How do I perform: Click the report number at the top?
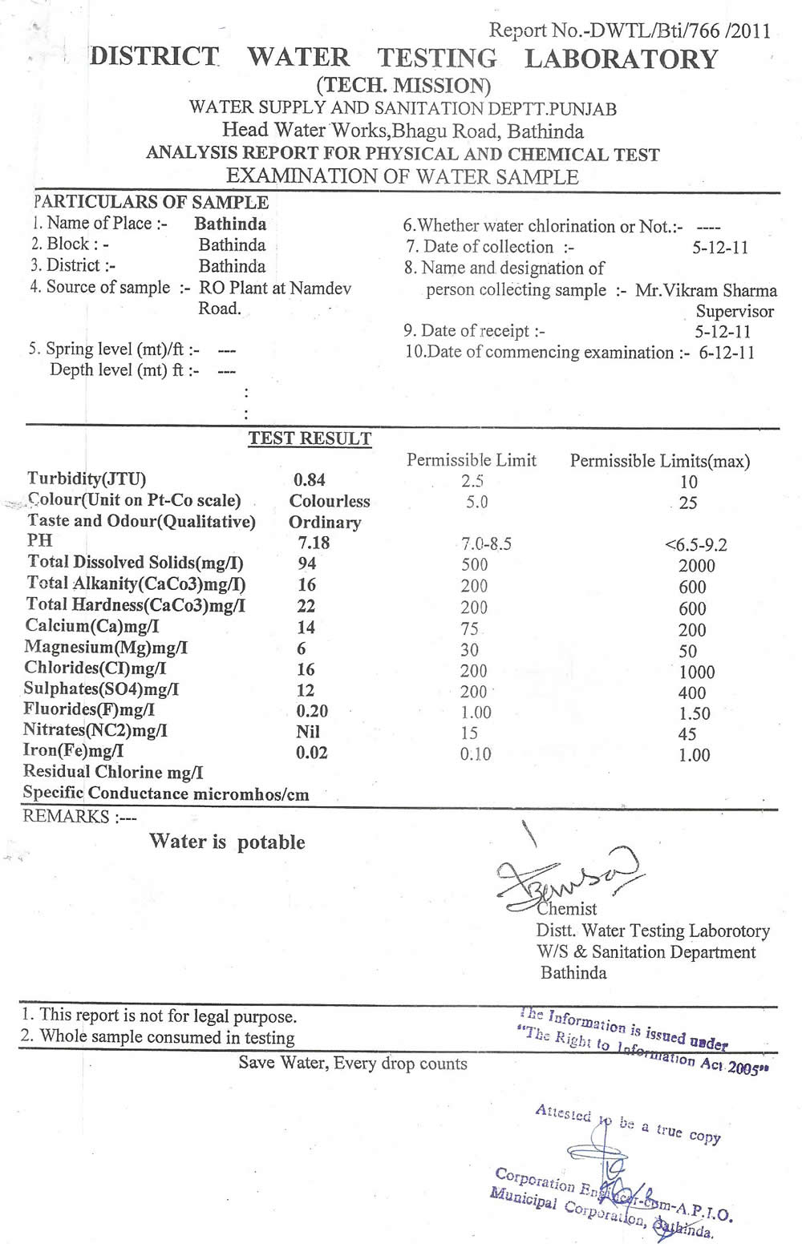630,31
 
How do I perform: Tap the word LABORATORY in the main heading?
621,59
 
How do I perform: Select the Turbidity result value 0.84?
310,480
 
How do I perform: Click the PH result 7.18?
314,543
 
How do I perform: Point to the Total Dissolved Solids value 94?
307,563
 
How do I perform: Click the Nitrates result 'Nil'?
308,731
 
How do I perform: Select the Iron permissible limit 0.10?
476,754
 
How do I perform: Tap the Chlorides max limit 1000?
696,672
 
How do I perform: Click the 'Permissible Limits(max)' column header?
659,461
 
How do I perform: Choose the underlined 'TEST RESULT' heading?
310,438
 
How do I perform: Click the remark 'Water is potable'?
227,842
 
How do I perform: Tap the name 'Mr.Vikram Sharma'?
706,290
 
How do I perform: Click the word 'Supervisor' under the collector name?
735,311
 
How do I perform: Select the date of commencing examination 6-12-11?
727,353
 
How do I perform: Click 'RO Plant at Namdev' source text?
275,288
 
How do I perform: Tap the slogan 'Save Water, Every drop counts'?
353,1064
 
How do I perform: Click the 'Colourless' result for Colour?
330,501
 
